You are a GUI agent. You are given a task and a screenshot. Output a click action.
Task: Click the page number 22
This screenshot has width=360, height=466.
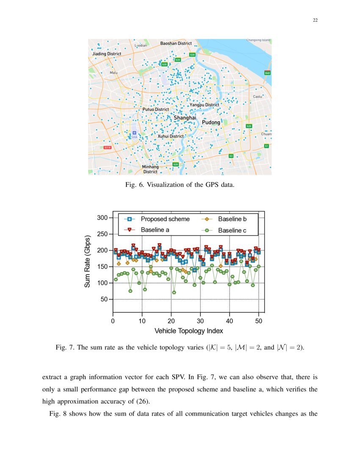pos(315,20)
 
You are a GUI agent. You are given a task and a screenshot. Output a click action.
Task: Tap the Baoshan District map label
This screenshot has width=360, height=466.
pos(176,44)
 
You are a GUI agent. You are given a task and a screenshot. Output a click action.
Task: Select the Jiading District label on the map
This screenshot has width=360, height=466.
pos(107,54)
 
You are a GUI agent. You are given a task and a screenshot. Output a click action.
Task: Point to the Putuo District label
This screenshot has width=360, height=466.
pos(155,109)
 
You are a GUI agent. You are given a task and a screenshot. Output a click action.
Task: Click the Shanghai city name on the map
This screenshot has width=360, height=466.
pos(185,117)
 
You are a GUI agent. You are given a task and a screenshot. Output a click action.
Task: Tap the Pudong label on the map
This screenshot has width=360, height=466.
pos(210,122)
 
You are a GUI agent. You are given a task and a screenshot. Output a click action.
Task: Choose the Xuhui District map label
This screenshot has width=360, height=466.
pos(171,136)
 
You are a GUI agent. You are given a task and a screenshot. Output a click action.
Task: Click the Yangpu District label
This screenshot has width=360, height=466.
pos(204,105)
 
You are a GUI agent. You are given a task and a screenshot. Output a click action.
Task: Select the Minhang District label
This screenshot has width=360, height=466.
pos(150,169)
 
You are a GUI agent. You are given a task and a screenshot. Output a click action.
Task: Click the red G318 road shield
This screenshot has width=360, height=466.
pos(108,147)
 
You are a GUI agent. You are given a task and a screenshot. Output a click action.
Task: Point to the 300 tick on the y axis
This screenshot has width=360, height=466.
pos(102,218)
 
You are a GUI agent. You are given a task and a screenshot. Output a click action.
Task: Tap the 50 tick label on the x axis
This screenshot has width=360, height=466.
pos(259,321)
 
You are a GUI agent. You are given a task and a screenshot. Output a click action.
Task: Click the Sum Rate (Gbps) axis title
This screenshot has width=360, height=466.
pos(87,261)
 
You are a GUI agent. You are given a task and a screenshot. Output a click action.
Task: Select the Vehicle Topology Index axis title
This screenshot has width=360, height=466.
pos(188,331)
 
